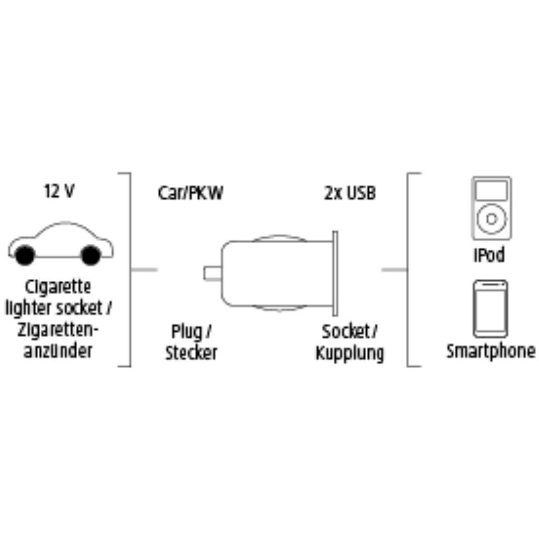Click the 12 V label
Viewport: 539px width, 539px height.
[59, 191]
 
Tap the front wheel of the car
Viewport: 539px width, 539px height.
[91, 255]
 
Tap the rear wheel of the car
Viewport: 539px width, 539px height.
[25, 255]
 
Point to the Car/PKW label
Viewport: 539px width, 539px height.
[190, 193]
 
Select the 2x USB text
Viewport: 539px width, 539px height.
[350, 193]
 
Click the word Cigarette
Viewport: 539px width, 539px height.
[58, 287]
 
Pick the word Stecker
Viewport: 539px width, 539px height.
[191, 353]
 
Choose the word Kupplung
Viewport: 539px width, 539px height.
[350, 353]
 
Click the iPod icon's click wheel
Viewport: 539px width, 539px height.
[492, 219]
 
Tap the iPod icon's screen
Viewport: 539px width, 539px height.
[492, 190]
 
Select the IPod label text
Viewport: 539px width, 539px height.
[489, 255]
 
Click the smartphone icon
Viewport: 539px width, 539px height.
[491, 309]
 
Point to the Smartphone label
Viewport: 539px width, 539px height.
[491, 351]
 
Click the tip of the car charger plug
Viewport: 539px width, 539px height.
[204, 273]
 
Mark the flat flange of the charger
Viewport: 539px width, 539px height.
[335, 273]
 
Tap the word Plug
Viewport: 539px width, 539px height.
[187, 332]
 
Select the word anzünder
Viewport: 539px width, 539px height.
[58, 351]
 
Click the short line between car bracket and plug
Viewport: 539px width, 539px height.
[144, 270]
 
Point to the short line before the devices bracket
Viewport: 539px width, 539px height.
[395, 270]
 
